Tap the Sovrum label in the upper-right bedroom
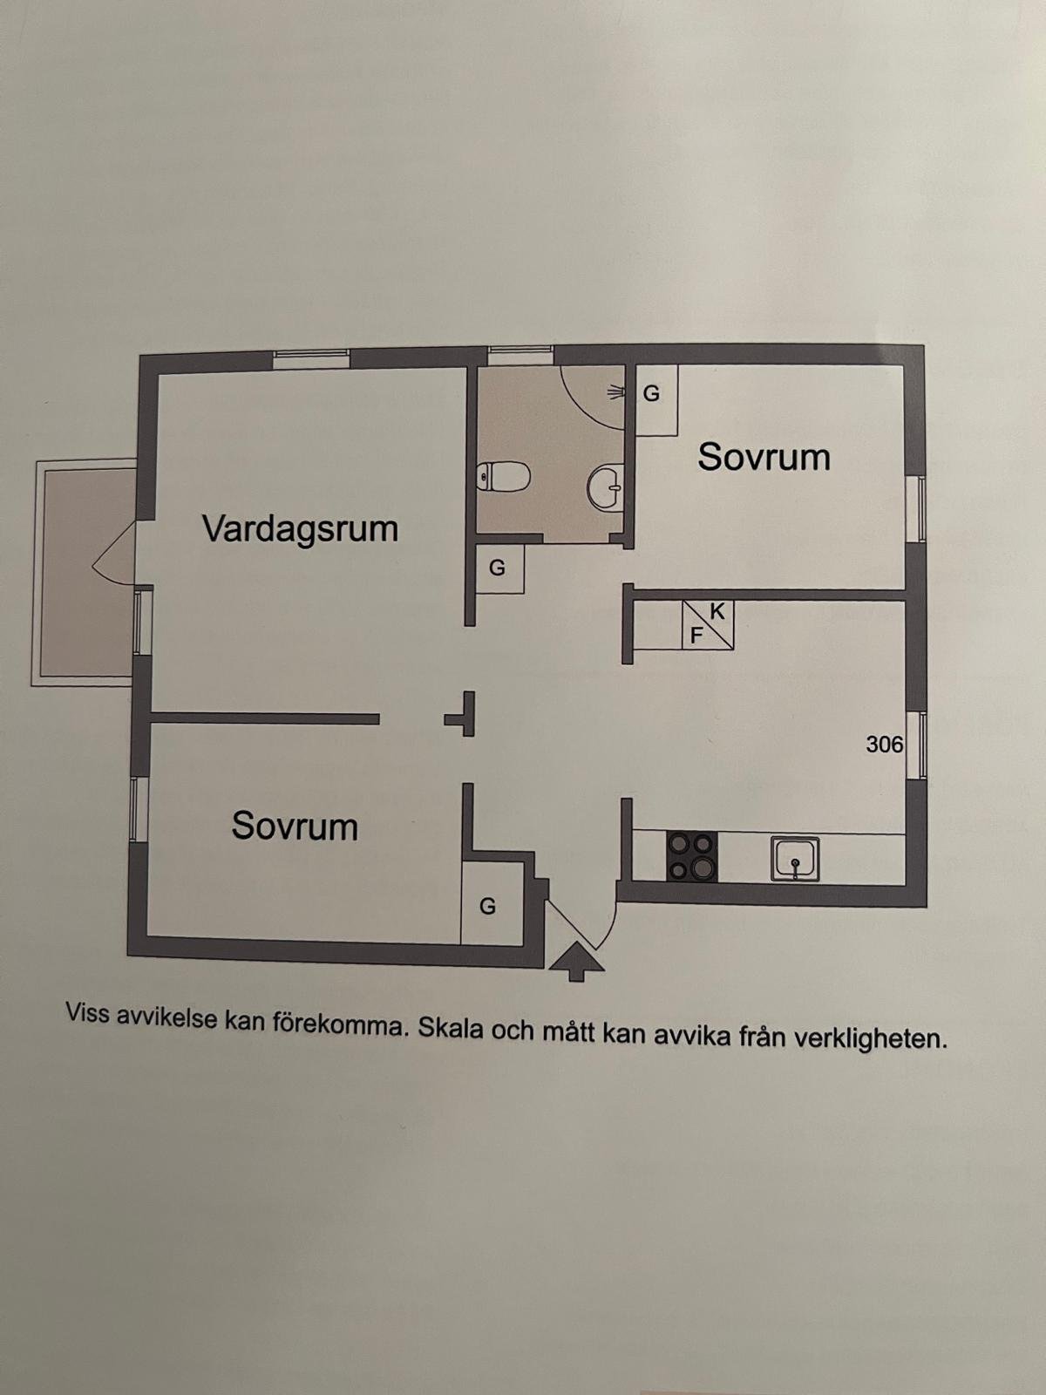[x=764, y=457]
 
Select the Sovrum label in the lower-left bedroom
[x=295, y=827]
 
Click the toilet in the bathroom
[x=502, y=476]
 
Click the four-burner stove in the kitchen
[x=691, y=855]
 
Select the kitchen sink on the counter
[x=795, y=858]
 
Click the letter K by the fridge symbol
[x=717, y=612]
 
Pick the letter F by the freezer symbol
[x=696, y=636]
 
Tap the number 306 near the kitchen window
[x=884, y=745]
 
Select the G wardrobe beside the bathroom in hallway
[x=499, y=568]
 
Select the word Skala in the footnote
[x=451, y=1030]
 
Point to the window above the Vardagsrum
[x=311, y=359]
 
